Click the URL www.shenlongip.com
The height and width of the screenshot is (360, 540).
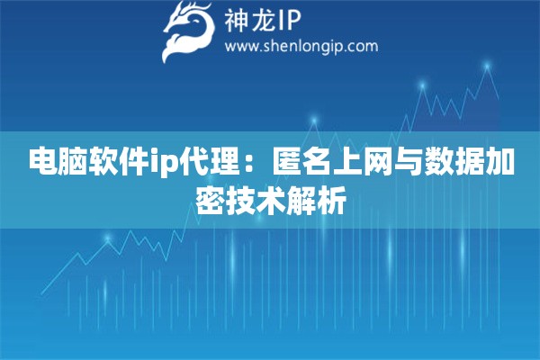(x=301, y=46)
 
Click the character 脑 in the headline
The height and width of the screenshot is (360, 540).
(x=74, y=163)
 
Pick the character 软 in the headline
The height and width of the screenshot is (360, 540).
(x=106, y=163)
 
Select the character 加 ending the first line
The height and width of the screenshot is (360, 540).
(x=502, y=163)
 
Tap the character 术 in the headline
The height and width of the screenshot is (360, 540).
(x=271, y=199)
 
